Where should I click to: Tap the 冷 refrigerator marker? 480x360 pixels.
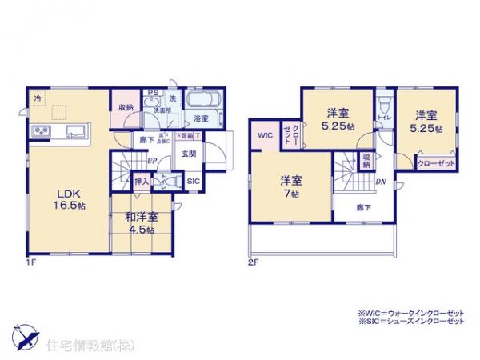click(38, 98)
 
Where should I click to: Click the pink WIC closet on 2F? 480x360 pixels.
click(265, 136)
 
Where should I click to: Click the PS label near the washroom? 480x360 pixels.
click(150, 91)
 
